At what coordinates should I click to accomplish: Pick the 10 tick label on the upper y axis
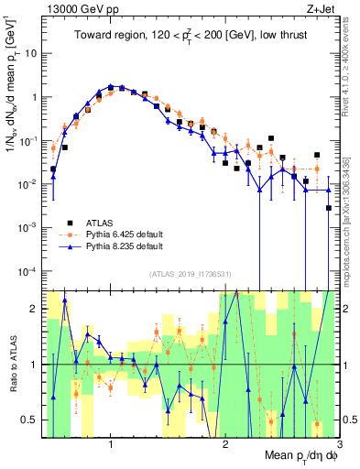[30, 53]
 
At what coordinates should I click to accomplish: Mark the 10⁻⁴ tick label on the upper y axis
[28, 271]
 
